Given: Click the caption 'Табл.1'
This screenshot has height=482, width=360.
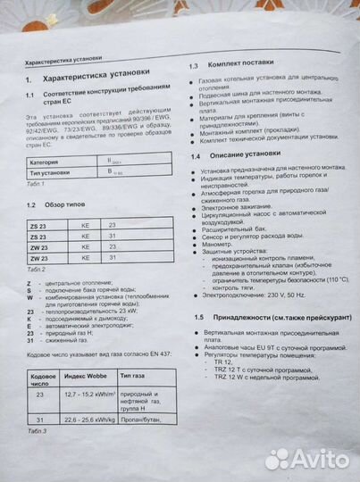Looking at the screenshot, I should click(36, 184).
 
